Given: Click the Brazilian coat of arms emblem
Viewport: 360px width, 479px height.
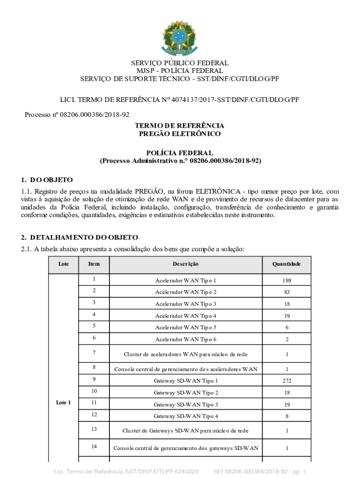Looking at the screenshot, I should point(180,37).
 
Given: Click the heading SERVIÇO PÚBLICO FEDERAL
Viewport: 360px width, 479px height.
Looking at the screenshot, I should point(180,63).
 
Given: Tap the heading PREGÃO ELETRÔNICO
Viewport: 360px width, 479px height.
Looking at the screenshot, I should point(180,134).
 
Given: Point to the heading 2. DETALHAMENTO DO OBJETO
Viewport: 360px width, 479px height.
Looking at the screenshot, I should point(79,238).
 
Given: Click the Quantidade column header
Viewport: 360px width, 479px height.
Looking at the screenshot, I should point(286,264).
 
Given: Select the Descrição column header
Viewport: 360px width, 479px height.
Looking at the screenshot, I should point(186,264).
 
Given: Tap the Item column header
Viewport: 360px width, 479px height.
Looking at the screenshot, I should point(94,264).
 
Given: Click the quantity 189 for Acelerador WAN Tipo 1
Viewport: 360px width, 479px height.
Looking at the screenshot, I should point(286,281).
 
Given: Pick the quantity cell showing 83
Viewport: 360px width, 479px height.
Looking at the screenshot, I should point(286,292).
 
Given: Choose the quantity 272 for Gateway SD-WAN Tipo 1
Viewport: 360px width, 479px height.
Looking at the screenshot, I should point(286,381).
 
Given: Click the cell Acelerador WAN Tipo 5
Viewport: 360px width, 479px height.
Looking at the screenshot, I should point(186,327).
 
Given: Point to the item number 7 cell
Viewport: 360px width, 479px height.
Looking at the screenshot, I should point(94,352).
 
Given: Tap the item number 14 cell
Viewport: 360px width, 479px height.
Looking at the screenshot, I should point(94,447).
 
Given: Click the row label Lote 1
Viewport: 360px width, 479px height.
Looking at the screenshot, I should point(63,402).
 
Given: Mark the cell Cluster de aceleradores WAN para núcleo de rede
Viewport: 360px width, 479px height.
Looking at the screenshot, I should point(186,354).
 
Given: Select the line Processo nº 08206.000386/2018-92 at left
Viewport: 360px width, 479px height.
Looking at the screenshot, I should point(77,115).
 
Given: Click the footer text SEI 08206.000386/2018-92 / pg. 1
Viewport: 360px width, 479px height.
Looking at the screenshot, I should point(259,471).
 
